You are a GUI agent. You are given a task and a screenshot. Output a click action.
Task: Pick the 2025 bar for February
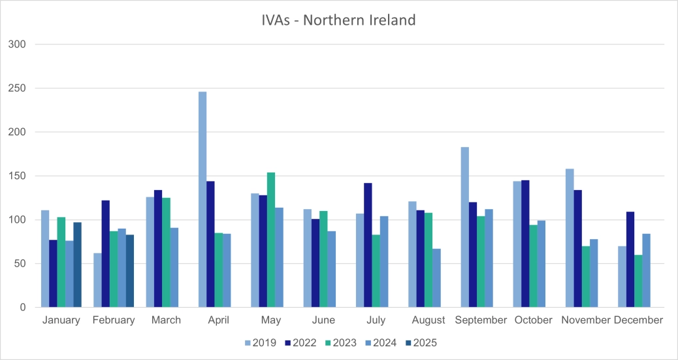pos(129,271)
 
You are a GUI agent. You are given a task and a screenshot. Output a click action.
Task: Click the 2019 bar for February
pos(98,280)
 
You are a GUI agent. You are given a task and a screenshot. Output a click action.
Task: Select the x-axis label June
pos(323,320)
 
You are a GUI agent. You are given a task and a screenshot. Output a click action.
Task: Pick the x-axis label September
pos(480,320)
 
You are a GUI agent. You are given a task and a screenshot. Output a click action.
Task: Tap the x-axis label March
pos(166,320)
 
